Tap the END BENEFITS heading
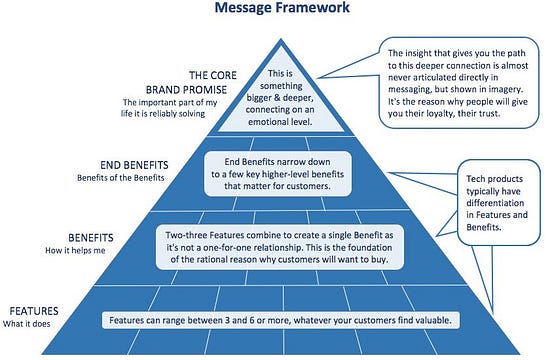click(x=118, y=165)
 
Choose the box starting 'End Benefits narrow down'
click(x=276, y=171)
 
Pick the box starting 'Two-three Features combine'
click(x=276, y=246)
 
